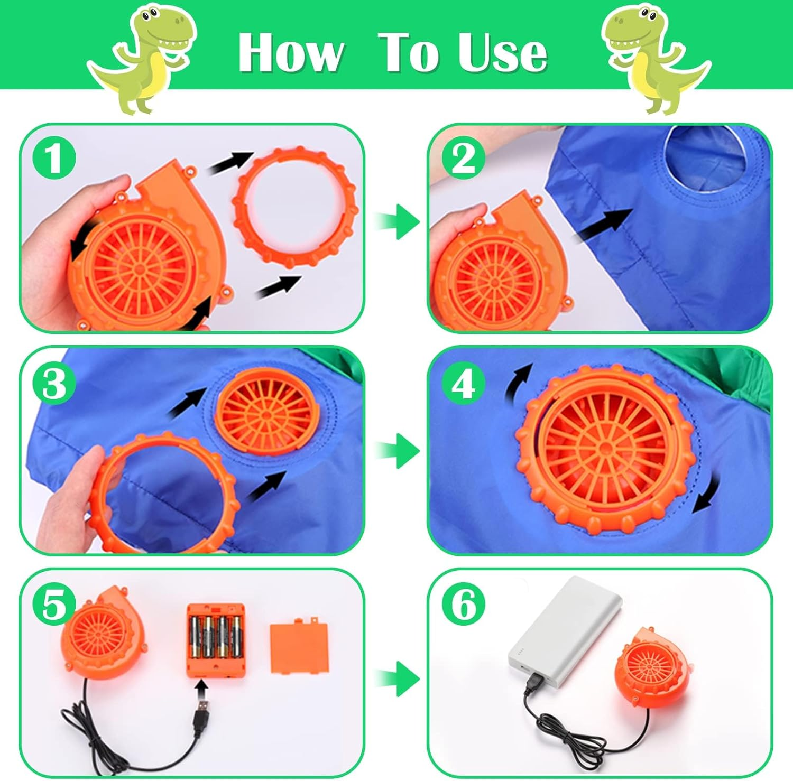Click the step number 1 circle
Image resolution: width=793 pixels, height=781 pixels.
pos(54,158)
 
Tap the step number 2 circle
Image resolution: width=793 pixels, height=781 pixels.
pos(464,158)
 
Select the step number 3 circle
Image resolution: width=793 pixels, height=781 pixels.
pos(54,383)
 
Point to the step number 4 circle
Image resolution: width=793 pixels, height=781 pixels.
pos(464,383)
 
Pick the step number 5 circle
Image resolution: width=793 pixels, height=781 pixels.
pos(54,603)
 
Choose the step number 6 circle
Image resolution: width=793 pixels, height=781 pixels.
pos(464,603)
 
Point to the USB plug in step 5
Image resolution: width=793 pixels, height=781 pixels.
pos(201,708)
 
